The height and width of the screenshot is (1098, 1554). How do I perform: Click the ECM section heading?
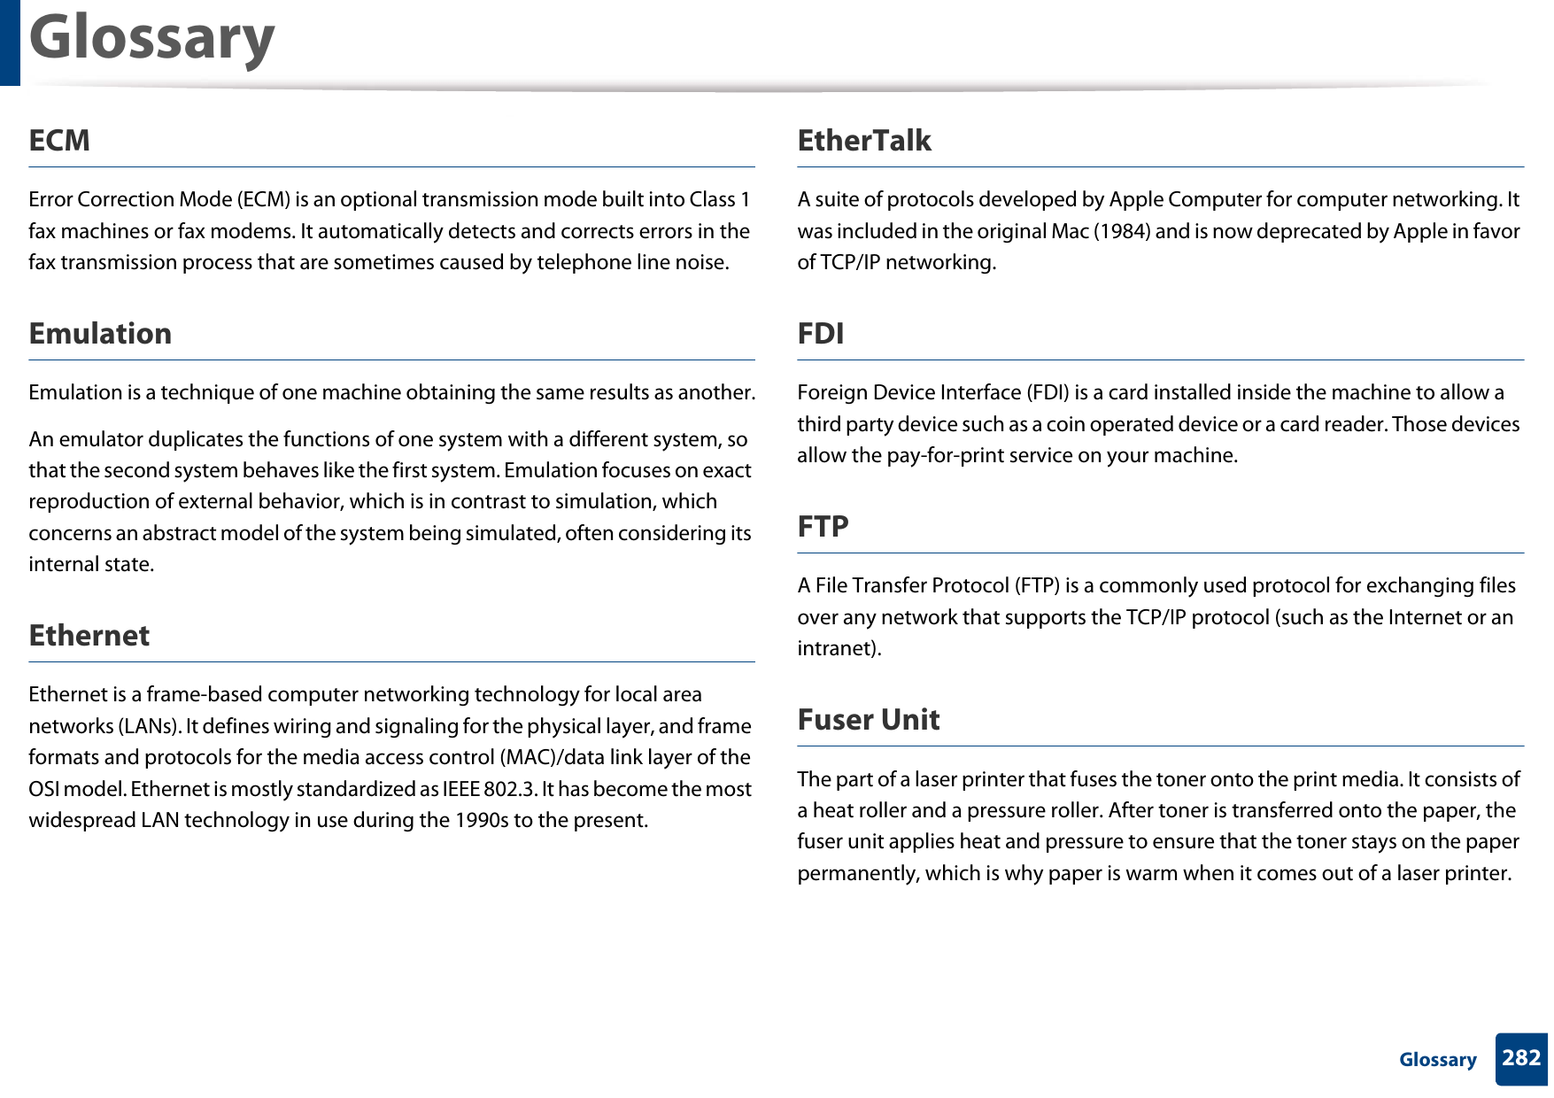[x=59, y=141]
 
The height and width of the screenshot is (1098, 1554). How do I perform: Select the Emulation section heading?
[x=100, y=334]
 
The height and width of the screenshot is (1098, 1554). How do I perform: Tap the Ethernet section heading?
[x=89, y=636]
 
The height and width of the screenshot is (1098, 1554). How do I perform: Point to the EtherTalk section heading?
[x=863, y=141]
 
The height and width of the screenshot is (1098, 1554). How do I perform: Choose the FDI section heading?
[x=820, y=334]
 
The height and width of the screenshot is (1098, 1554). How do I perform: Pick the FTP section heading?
[x=823, y=527]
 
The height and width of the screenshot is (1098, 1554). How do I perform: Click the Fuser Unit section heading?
[x=868, y=720]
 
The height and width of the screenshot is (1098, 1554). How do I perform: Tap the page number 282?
[x=1520, y=1058]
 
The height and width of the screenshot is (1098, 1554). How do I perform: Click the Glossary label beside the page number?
[x=1437, y=1060]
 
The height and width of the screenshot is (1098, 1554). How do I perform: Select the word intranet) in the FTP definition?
[x=839, y=649]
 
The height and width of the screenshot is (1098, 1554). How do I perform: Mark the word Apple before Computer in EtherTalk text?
[x=1139, y=200]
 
